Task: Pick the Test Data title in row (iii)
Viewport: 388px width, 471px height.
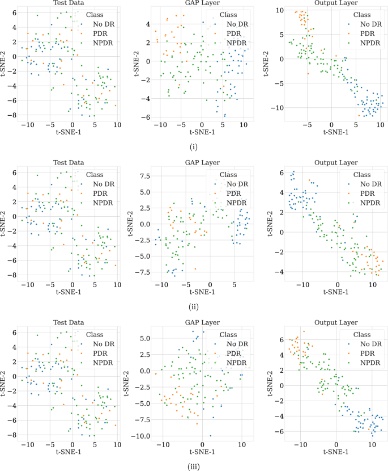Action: coord(68,322)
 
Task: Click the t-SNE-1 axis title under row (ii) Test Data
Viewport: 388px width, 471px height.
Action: coord(68,292)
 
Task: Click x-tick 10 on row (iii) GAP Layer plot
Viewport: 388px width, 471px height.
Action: coord(241,442)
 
